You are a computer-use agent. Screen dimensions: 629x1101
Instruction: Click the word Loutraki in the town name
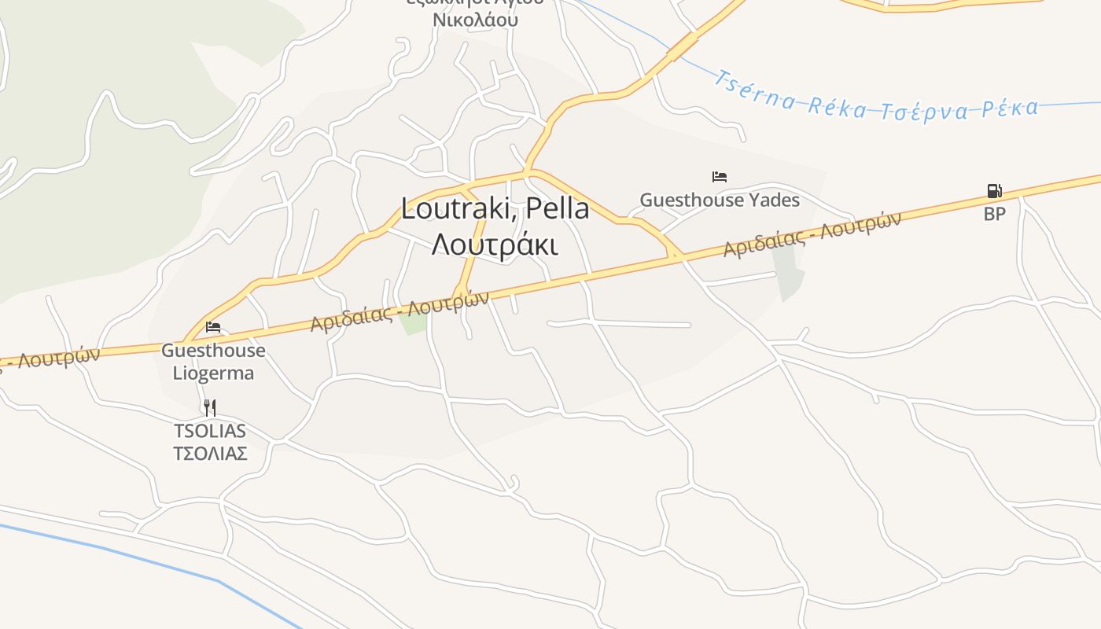tap(458, 209)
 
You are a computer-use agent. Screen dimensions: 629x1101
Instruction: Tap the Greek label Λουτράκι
tap(495, 245)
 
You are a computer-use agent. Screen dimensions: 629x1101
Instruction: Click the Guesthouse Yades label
tap(720, 200)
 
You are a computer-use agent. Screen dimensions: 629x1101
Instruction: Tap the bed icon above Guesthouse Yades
tap(719, 176)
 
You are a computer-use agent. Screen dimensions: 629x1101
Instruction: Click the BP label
tap(994, 214)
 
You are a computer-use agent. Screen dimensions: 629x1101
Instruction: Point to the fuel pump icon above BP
tap(994, 190)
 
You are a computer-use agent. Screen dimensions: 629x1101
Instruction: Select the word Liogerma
tap(213, 373)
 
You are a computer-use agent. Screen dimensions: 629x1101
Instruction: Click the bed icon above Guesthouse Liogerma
tap(213, 327)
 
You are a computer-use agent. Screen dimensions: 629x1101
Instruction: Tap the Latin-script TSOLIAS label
tap(210, 431)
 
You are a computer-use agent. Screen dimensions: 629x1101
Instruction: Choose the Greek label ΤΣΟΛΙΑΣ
tap(210, 454)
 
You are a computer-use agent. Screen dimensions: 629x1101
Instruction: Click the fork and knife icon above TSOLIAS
tap(209, 407)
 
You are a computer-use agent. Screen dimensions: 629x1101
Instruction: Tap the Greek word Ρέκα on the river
tap(1010, 108)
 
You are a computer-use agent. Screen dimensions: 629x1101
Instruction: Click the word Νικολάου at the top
tap(476, 20)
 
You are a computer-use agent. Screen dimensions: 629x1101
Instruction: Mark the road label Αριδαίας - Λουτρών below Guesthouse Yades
tap(812, 234)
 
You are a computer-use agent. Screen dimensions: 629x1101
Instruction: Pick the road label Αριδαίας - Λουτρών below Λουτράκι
tap(399, 311)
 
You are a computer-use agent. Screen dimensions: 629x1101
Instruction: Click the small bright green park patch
tap(413, 322)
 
